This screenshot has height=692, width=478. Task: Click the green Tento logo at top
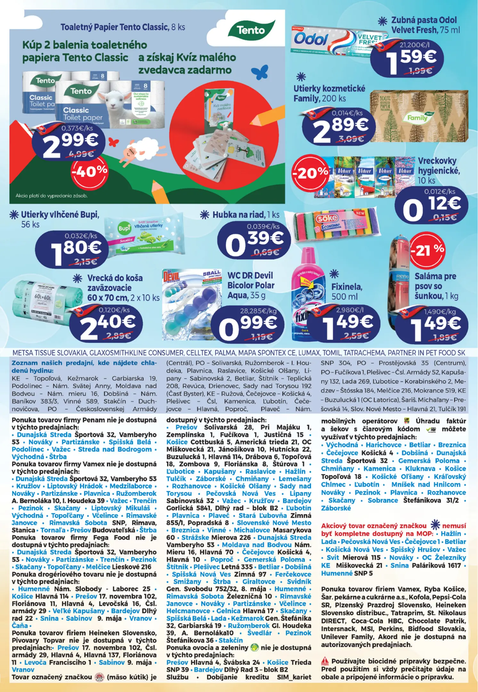pyautogui.click(x=251, y=30)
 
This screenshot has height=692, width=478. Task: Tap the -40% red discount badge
pyautogui.click(x=89, y=172)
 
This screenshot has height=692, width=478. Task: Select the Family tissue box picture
pyautogui.click(x=419, y=116)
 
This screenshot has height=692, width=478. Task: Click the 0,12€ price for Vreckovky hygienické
pyautogui.click(x=431, y=207)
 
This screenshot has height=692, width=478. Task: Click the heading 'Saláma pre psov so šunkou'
pyautogui.click(x=436, y=286)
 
